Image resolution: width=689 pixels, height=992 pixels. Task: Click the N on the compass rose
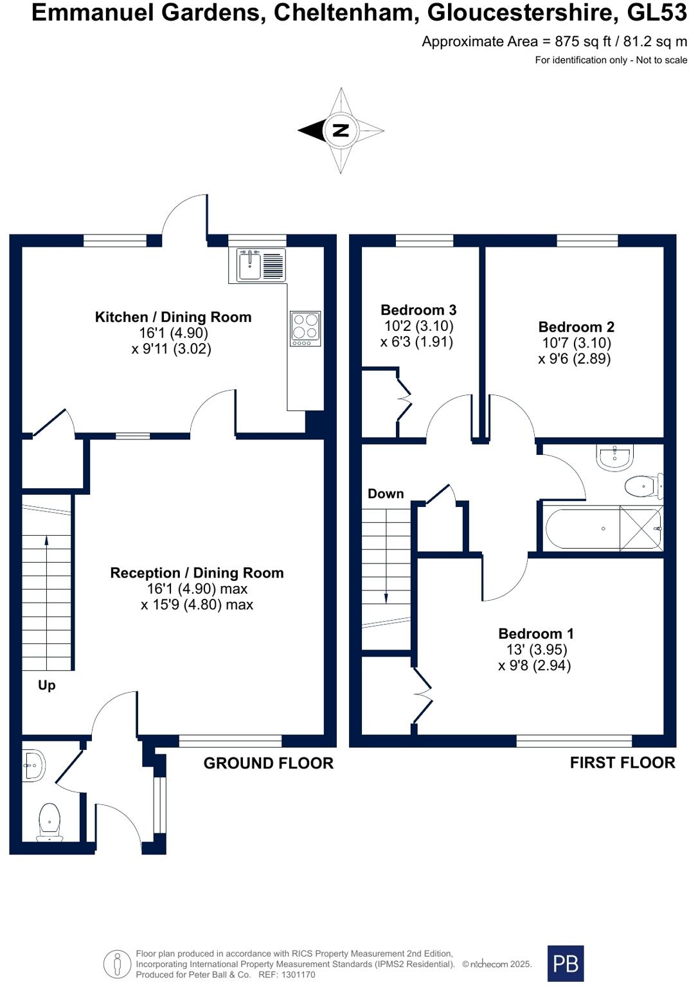point(341,130)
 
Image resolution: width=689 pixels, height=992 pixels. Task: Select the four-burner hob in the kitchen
point(305,328)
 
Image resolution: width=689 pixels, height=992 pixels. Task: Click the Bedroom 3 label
point(418,310)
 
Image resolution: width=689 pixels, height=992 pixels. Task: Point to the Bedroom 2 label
point(576,327)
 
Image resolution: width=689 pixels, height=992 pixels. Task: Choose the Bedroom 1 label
point(535,633)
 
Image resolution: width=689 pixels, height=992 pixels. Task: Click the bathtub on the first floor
point(604,529)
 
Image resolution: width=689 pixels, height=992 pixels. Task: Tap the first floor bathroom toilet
point(644,486)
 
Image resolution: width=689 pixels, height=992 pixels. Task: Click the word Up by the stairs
point(46,686)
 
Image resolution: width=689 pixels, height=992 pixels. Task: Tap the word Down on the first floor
point(386,494)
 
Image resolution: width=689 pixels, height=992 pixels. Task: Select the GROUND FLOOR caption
point(269,763)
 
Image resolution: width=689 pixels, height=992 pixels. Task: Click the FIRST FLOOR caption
point(623,763)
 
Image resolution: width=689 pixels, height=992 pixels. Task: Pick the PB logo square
point(566,963)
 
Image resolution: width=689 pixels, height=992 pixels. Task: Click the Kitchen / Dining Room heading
point(174,317)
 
